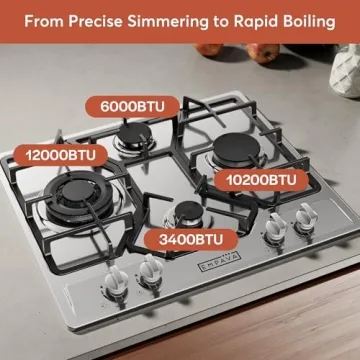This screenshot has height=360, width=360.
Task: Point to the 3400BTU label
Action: tap(188, 240)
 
